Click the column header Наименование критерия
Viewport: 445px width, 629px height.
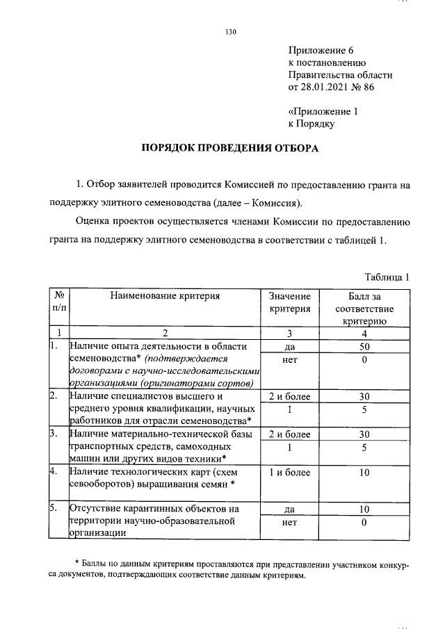pyautogui.click(x=164, y=295)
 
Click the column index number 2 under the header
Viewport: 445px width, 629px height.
pyautogui.click(x=164, y=333)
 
